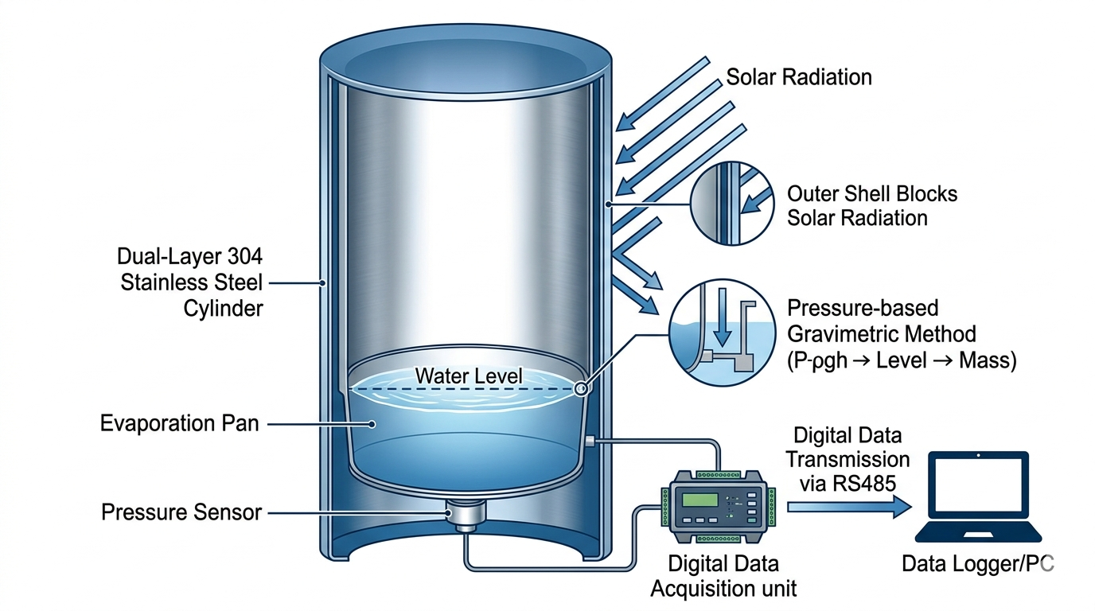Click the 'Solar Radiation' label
pos(799,77)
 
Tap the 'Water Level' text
pos(470,375)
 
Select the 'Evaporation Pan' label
pos(180,423)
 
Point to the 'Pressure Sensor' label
pos(181,512)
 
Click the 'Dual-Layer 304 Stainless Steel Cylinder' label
pos(189,282)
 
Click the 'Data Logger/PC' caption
pos(978,564)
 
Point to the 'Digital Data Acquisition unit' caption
pos(723,577)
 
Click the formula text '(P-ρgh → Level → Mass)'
pos(902,360)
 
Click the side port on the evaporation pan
pos(590,440)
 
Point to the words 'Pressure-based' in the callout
pos(863,308)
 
